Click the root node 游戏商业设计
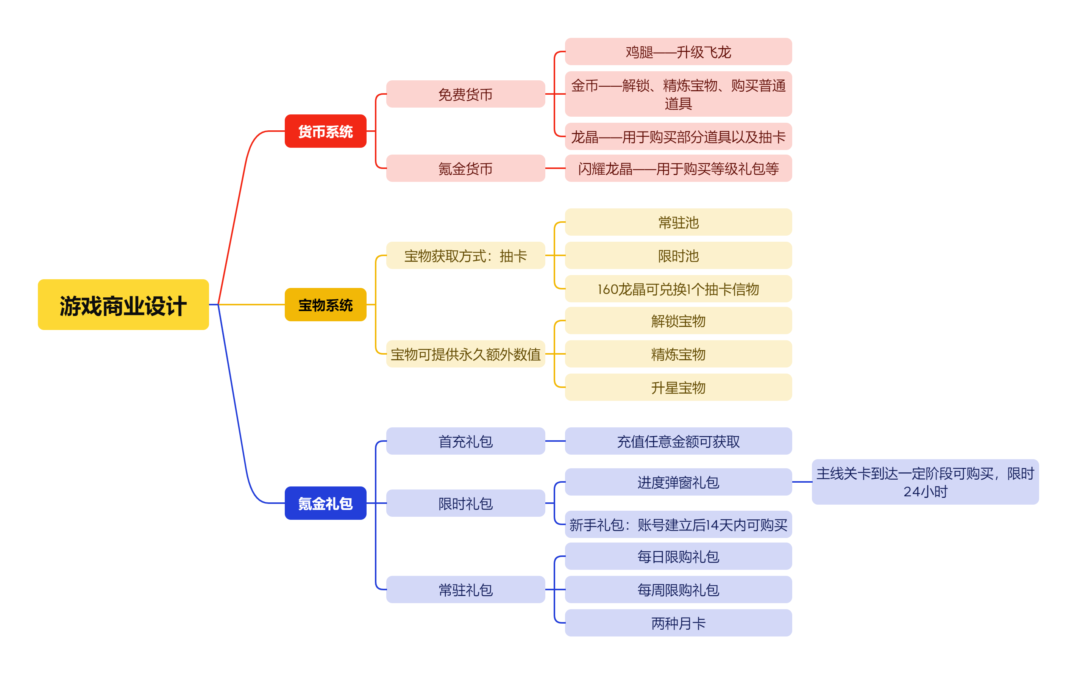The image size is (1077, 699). click(x=123, y=305)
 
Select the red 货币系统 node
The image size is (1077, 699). click(x=325, y=131)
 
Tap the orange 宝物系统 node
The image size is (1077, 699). click(x=325, y=305)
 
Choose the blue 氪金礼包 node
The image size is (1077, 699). click(x=325, y=503)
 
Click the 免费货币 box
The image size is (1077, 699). click(x=466, y=94)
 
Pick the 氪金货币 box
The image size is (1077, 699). click(x=466, y=169)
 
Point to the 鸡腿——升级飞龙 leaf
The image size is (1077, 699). click(x=678, y=52)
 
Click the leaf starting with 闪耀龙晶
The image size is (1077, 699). click(x=678, y=169)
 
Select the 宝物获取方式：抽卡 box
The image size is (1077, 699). click(x=466, y=255)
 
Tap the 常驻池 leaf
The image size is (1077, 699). click(x=678, y=222)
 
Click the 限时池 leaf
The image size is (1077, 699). click(x=678, y=255)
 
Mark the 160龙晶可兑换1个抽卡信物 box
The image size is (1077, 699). click(x=678, y=289)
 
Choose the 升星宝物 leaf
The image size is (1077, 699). click(x=678, y=387)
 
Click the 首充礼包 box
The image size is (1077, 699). click(x=466, y=441)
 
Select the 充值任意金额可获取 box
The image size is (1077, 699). click(x=678, y=441)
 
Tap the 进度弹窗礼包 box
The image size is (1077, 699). click(x=678, y=482)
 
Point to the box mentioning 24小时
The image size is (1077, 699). click(x=926, y=482)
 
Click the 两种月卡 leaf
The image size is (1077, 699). click(x=678, y=623)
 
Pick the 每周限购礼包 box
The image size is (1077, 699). click(x=678, y=590)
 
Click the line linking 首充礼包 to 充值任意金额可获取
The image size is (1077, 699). click(x=555, y=441)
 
